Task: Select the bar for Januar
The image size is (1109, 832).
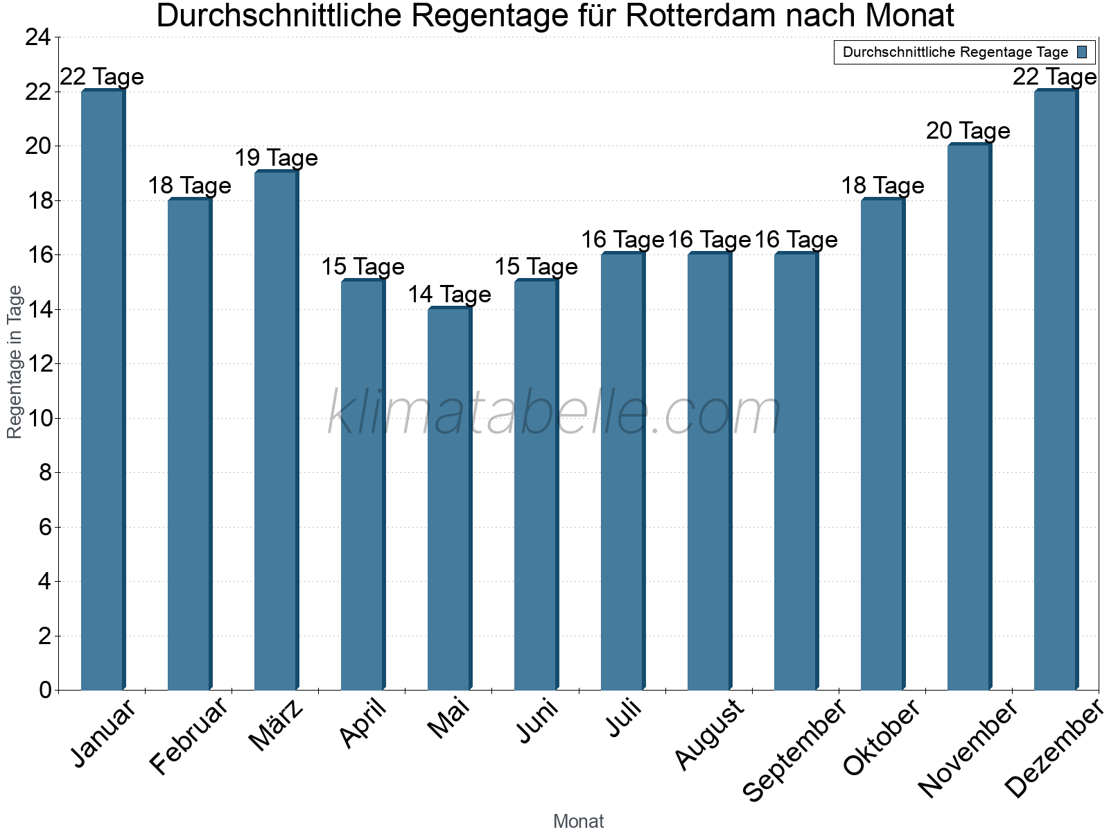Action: (103, 390)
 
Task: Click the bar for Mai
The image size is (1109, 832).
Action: (449, 499)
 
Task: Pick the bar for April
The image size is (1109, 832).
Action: (363, 485)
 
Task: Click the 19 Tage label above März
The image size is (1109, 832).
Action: (276, 158)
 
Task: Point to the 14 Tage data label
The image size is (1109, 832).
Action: (449, 295)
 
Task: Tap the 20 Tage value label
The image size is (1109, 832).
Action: (968, 131)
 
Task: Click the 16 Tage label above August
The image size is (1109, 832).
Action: (709, 240)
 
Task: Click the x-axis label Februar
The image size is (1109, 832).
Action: (189, 736)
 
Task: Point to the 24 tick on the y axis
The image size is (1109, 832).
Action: (38, 37)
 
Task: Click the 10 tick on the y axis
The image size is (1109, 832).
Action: (38, 418)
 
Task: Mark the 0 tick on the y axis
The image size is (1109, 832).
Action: (45, 690)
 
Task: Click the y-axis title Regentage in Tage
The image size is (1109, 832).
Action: (15, 362)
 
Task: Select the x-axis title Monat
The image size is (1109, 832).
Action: (578, 821)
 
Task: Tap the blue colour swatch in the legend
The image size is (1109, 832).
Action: (1082, 52)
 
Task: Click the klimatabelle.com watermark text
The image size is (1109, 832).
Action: (554, 413)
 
